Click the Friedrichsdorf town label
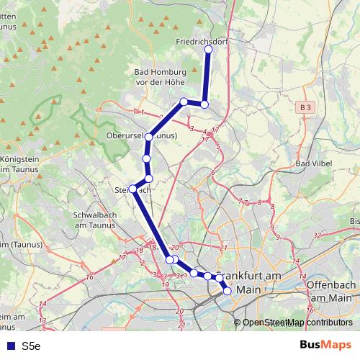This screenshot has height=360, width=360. pos(202,42)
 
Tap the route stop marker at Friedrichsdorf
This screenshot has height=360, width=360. pos(209,50)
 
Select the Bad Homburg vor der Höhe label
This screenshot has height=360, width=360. pos(161,77)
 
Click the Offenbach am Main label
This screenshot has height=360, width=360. pos(332,291)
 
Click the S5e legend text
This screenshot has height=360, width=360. pos(31,346)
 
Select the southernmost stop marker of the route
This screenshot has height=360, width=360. pos(228,291)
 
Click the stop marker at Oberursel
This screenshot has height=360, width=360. pos(149,137)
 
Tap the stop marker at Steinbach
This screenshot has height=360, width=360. pos(132,189)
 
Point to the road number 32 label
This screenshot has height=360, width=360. pos(317,235)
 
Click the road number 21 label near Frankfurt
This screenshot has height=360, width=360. pos(224,248)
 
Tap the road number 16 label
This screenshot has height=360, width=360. pos(89,276)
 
